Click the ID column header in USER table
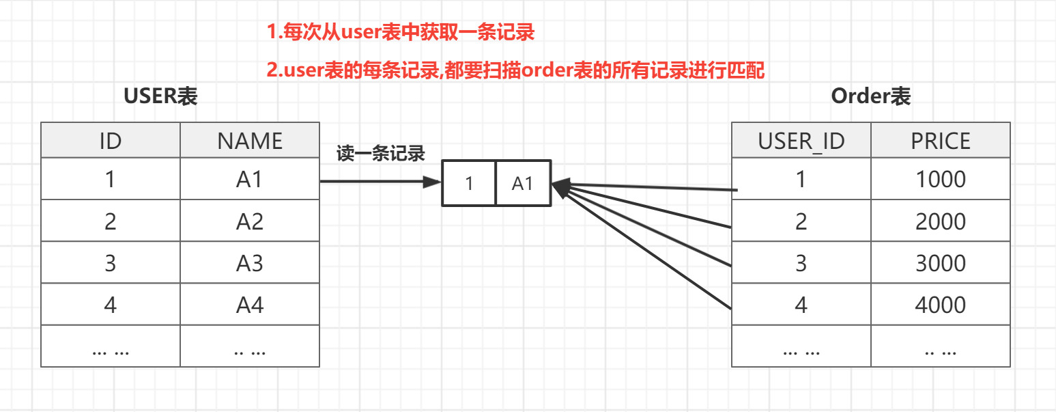pyautogui.click(x=111, y=141)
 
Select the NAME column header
pyautogui.click(x=250, y=141)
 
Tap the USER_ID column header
pyautogui.click(x=801, y=141)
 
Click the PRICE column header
pyautogui.click(x=941, y=141)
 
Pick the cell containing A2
pyautogui.click(x=250, y=221)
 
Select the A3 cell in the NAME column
pyautogui.click(x=250, y=263)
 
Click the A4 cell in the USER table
pyautogui.click(x=250, y=305)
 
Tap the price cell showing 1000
pyautogui.click(x=941, y=180)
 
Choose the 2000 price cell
pyautogui.click(x=941, y=221)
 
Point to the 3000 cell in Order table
pyautogui.click(x=941, y=263)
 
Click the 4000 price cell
pyautogui.click(x=941, y=305)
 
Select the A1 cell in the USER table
pyautogui.click(x=250, y=180)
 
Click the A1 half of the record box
pyautogui.click(x=522, y=183)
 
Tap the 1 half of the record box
pyautogui.click(x=469, y=183)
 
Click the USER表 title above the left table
pyautogui.click(x=160, y=96)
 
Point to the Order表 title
pyautogui.click(x=871, y=96)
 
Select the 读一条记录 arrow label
pyautogui.click(x=381, y=154)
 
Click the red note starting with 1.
pyautogui.click(x=400, y=31)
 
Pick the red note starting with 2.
pyautogui.click(x=515, y=70)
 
